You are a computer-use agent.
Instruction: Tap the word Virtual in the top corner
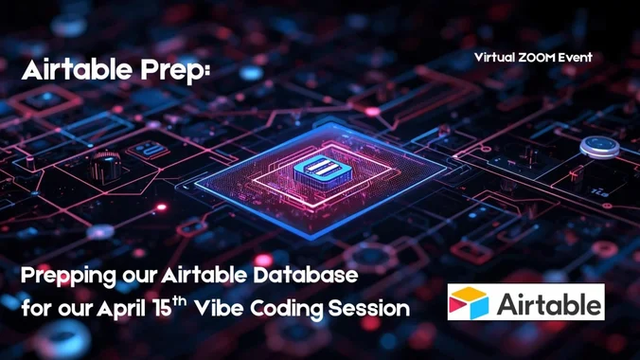click(494, 58)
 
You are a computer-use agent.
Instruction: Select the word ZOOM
click(537, 58)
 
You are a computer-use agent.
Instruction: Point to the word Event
click(576, 58)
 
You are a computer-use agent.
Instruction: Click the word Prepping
click(66, 278)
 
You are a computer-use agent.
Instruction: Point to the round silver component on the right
click(598, 147)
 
